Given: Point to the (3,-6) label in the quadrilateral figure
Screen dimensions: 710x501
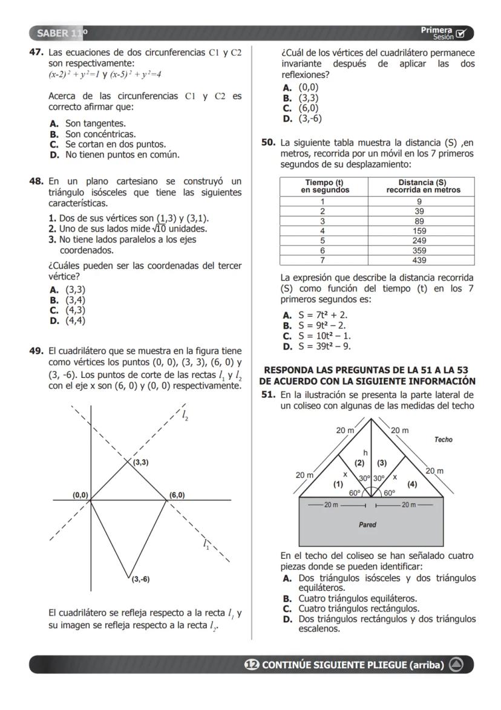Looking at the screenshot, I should (x=141, y=579).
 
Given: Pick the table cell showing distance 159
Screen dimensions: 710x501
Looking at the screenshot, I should (x=419, y=230).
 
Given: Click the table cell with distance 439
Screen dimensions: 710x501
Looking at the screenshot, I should (x=419, y=260).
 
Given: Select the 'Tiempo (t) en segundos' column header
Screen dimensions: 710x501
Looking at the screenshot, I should (x=323, y=186).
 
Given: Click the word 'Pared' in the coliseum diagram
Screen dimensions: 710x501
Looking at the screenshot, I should (x=367, y=524).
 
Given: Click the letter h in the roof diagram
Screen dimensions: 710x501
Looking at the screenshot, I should (x=365, y=452).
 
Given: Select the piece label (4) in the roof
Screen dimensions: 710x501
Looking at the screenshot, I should (x=412, y=483).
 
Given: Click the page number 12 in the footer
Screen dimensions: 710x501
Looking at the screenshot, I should (x=250, y=665).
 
